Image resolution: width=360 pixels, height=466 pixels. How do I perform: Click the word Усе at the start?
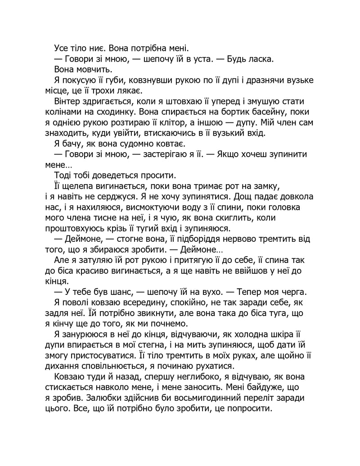tap(61, 48)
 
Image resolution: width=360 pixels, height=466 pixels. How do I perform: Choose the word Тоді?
tap(63, 175)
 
